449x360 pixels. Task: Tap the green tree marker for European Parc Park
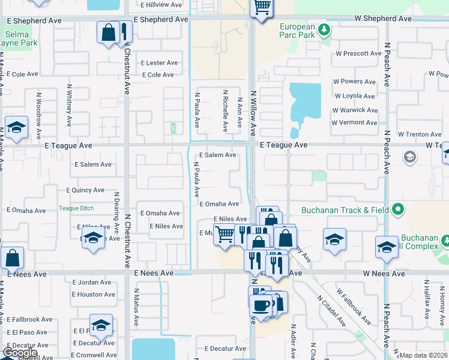click(x=324, y=29)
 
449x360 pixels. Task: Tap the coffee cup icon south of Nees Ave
click(x=261, y=304)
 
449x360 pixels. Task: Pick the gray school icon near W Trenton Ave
click(x=410, y=157)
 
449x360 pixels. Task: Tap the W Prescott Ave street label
click(x=358, y=53)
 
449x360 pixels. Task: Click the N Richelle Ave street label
click(x=226, y=111)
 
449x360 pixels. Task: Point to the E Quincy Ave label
click(x=86, y=190)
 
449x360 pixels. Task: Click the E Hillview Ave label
click(x=161, y=5)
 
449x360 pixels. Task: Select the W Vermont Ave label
click(x=354, y=122)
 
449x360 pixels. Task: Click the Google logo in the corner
click(x=19, y=353)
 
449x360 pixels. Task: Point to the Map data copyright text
click(x=423, y=355)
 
